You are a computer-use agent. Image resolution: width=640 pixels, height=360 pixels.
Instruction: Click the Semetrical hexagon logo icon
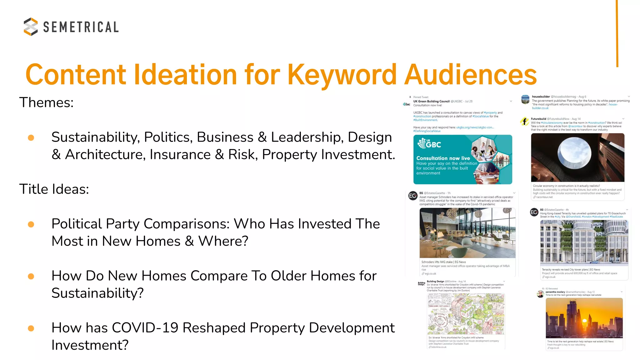click(x=31, y=27)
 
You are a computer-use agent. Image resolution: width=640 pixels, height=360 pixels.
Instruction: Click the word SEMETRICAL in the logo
click(x=81, y=27)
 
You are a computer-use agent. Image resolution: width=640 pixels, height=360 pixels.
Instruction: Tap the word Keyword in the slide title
click(x=342, y=75)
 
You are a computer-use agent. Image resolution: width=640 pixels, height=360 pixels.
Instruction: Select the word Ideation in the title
click(x=185, y=75)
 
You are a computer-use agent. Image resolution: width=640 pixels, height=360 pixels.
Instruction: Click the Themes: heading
click(x=47, y=102)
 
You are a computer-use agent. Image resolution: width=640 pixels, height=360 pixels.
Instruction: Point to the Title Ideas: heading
click(x=54, y=189)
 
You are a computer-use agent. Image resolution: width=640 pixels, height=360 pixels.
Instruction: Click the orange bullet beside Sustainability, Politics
click(x=31, y=138)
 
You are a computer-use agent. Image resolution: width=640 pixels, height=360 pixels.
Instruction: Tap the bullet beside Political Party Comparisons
click(x=31, y=224)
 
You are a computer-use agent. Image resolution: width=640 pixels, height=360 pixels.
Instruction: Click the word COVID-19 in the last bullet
click(x=145, y=328)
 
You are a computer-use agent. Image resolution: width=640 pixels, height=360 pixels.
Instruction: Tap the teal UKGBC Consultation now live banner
click(x=462, y=159)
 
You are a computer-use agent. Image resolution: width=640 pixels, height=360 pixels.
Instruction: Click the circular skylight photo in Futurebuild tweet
click(x=577, y=157)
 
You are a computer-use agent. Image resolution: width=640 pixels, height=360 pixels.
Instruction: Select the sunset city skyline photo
click(x=584, y=318)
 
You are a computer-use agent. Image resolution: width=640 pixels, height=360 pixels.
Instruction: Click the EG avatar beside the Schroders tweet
click(x=413, y=196)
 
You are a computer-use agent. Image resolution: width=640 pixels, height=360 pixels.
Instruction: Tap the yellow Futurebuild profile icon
click(x=524, y=122)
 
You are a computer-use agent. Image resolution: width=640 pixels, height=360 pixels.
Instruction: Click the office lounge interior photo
click(x=467, y=233)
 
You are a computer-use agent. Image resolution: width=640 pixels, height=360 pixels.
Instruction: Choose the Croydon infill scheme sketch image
click(x=466, y=314)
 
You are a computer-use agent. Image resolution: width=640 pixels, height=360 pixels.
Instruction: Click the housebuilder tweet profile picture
click(x=525, y=100)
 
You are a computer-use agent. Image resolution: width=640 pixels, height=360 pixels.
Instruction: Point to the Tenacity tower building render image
click(x=584, y=242)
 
